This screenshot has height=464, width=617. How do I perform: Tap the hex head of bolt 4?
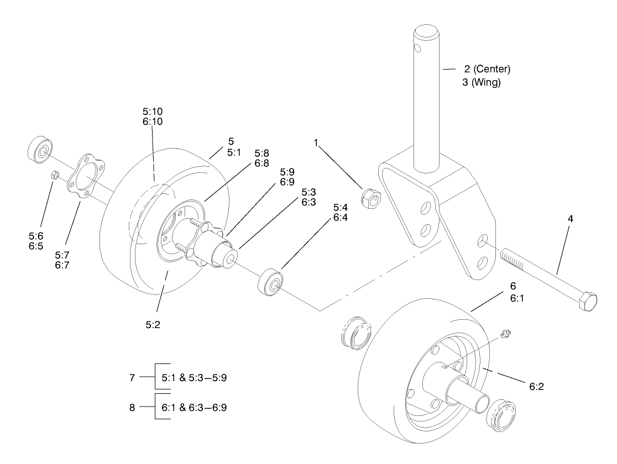(x=587, y=303)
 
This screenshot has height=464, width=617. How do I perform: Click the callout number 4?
(x=571, y=219)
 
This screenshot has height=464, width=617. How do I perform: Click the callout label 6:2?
(x=536, y=387)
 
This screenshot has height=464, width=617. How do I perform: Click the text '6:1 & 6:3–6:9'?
(x=194, y=408)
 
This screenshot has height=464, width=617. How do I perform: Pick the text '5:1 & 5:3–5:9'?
(x=194, y=379)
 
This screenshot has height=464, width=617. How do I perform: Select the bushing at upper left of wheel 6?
(x=352, y=333)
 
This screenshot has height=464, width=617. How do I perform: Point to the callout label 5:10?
(x=152, y=111)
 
